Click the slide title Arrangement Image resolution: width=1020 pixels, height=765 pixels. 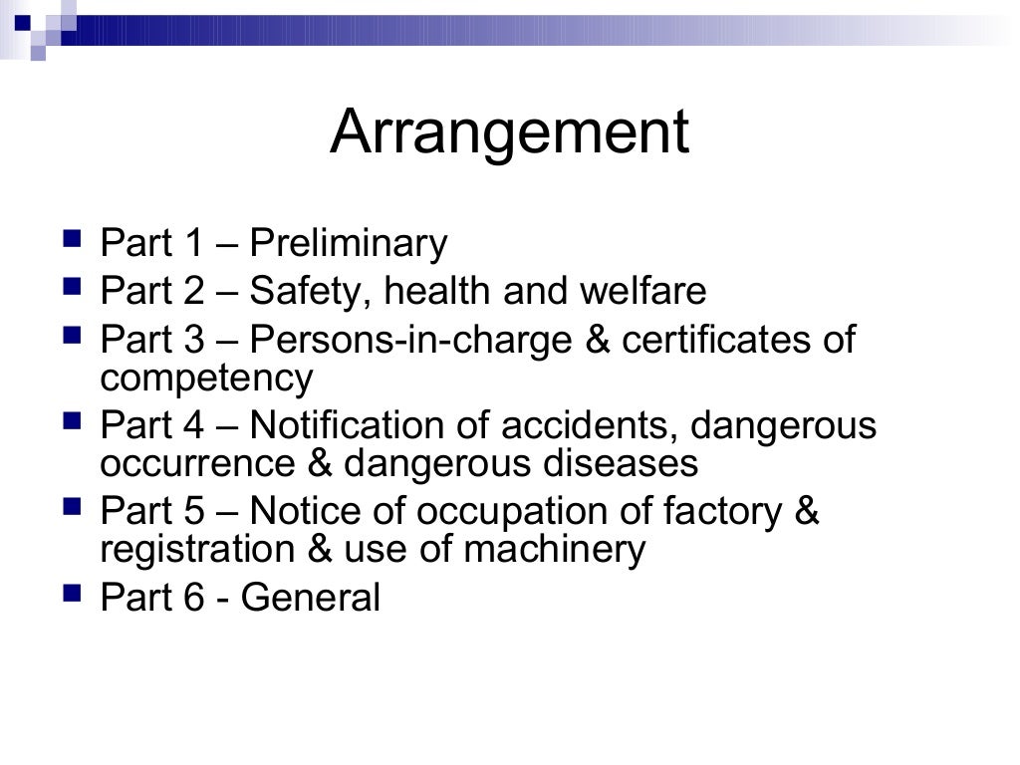(509, 132)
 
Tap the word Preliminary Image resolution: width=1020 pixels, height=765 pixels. (349, 244)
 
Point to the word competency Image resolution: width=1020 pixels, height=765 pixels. (206, 380)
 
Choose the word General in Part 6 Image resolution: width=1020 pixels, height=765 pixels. (310, 599)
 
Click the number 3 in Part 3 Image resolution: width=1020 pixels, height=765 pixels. (192, 341)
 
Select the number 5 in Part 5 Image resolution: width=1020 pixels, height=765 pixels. (192, 512)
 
